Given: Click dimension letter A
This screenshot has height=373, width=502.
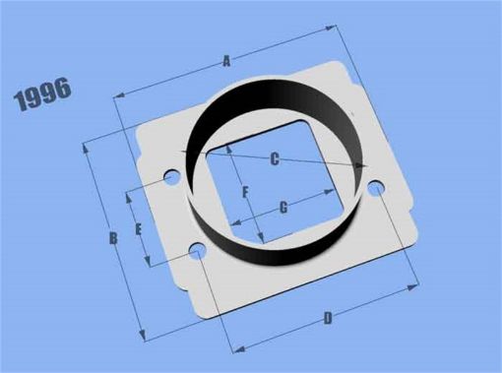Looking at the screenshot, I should click(226, 61).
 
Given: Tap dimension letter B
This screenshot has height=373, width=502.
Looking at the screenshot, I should click(113, 237).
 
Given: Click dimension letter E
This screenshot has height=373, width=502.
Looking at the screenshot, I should click(139, 229).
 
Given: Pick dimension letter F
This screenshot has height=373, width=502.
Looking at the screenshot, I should click(246, 191).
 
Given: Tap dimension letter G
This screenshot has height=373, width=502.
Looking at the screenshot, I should click(283, 207).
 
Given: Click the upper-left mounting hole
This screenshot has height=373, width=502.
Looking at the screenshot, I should click(171, 179).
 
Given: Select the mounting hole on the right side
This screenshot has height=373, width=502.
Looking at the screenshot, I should click(375, 187).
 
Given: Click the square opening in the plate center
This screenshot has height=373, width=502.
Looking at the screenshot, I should click(291, 177).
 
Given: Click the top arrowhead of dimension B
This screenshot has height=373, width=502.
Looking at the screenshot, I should click(87, 147).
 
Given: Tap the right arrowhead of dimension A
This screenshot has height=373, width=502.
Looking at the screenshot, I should click(340, 30).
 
